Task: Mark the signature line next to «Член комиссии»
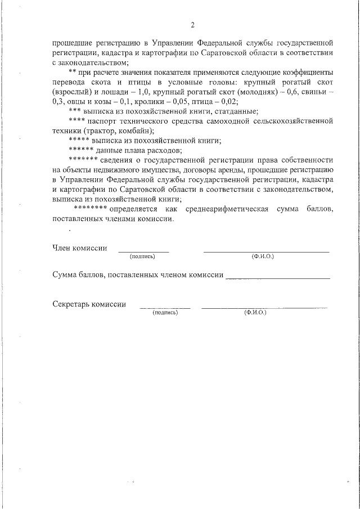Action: (x=143, y=251)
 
